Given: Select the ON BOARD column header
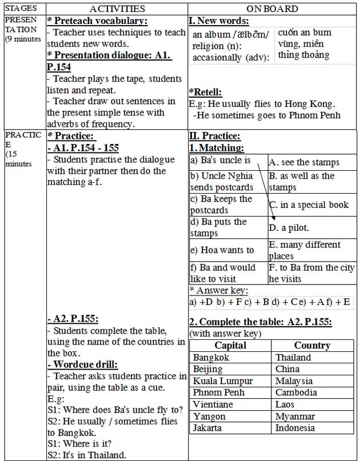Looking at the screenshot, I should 272,9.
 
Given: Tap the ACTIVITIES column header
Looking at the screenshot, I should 117,9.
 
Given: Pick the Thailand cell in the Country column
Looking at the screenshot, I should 293,358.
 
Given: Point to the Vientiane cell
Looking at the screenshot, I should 213,404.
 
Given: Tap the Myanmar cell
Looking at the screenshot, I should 295,416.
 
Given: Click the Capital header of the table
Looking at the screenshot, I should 230,346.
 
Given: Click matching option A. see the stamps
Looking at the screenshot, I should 303,162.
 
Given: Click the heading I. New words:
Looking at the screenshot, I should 219,21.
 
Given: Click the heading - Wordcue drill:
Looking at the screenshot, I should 83,364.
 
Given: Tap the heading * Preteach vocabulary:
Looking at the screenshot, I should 97,21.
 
